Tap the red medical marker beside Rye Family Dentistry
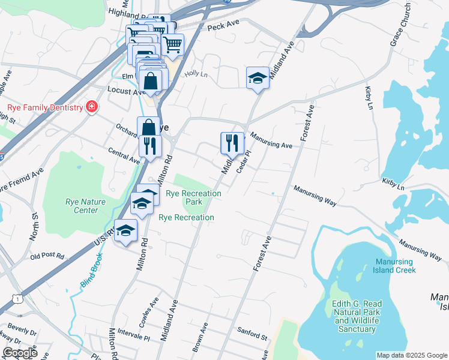92,107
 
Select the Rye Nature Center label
82,206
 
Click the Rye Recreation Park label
193,197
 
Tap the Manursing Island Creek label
395,266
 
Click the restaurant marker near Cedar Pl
232,143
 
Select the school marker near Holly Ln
258,77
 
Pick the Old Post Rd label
47,256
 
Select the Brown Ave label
200,337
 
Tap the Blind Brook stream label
89,269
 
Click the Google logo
20,353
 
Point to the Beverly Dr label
22,331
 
